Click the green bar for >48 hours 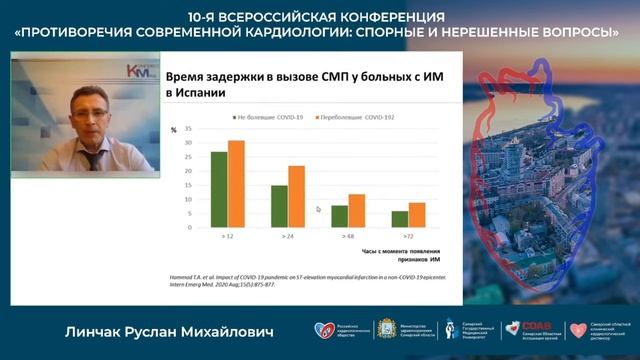point(339,217)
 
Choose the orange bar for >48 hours point(356,211)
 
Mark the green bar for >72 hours point(399,219)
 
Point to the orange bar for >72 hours point(416,215)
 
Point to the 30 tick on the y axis point(189,142)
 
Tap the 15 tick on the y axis point(189,186)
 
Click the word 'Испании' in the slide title point(195,92)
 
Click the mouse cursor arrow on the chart point(319,209)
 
